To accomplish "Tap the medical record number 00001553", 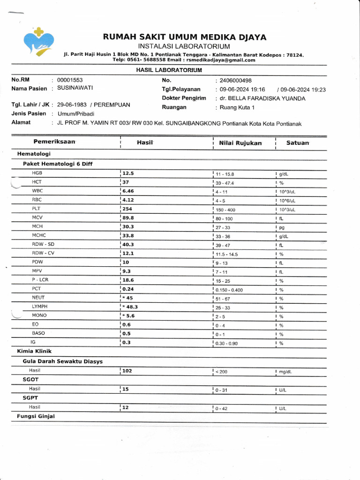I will pyautogui.click(x=70, y=80).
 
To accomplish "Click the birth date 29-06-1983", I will pyautogui.click(x=72, y=105).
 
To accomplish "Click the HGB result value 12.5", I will pyautogui.click(x=128, y=173).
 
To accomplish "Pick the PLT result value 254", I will pyautogui.click(x=128, y=209).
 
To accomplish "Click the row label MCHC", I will pyautogui.click(x=39, y=235).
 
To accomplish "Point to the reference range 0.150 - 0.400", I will pyautogui.click(x=229, y=290).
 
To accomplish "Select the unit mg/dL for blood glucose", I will pyautogui.click(x=285, y=372).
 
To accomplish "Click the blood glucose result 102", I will pyautogui.click(x=127, y=371).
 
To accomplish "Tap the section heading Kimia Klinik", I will pyautogui.click(x=34, y=351).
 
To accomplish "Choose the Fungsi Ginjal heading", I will pyautogui.click(x=36, y=416).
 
